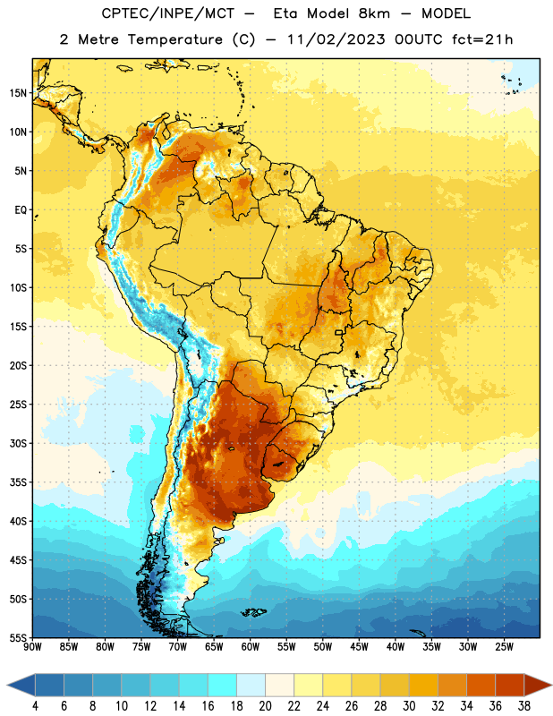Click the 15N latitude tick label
point(18,93)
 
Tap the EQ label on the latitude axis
point(21,210)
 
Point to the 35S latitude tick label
point(18,482)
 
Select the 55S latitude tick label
point(18,637)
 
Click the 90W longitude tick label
point(32,647)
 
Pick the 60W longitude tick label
point(251,647)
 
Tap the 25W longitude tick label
point(504,647)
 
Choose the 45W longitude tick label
point(359,647)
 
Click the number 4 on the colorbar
point(35,706)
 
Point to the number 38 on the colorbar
point(524,706)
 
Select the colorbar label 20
point(265,706)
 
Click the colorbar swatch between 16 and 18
point(223,685)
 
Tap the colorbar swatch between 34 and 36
point(481,685)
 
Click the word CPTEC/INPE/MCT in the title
point(167,13)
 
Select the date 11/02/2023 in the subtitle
point(336,39)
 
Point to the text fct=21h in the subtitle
point(482,39)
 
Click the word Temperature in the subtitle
point(174,39)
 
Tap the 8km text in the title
point(374,13)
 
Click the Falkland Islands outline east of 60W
point(253,612)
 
